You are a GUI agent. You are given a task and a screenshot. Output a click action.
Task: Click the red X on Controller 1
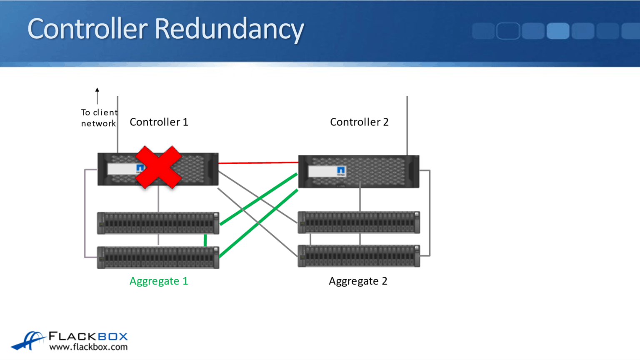(x=158, y=167)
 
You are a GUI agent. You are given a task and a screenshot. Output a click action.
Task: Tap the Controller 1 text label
(x=159, y=122)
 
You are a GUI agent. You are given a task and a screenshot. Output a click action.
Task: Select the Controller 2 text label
(x=359, y=122)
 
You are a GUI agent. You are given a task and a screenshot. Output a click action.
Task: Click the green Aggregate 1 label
(x=159, y=281)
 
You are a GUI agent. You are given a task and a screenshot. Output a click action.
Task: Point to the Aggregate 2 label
(x=358, y=281)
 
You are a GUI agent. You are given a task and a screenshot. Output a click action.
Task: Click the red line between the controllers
(x=258, y=162)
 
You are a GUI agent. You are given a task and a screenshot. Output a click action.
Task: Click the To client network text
(x=99, y=118)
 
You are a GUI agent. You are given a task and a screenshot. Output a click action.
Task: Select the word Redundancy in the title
(x=229, y=29)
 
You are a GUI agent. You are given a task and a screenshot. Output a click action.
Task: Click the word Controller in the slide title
(x=87, y=29)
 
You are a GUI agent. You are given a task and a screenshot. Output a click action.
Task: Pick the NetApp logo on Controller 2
(x=341, y=170)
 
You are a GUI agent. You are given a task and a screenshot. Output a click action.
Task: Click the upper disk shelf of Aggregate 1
(x=158, y=223)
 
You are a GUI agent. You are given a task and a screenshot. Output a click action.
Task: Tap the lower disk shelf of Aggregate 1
(x=158, y=257)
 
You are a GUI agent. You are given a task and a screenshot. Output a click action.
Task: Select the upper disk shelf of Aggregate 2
(x=359, y=222)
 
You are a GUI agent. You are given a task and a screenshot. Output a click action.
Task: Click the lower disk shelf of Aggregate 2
(x=359, y=256)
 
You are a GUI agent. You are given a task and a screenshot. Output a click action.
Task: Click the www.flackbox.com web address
(x=88, y=347)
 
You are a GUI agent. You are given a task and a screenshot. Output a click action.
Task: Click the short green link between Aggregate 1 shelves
(x=205, y=240)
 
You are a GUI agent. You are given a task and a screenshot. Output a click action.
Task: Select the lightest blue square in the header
(x=558, y=31)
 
